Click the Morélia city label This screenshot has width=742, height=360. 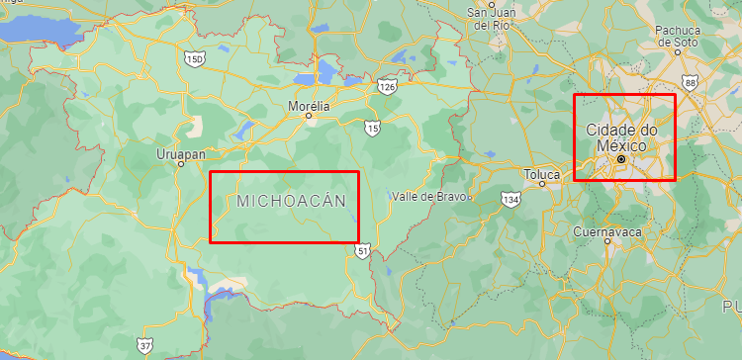pos(308,104)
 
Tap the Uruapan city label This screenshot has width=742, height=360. pos(181,153)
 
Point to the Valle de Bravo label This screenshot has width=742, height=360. pos(427,196)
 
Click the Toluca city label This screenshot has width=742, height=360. pos(542,175)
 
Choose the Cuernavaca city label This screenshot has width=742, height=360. pos(607,231)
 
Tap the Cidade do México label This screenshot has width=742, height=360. pos(621,137)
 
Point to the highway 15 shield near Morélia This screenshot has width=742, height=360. pos(372,128)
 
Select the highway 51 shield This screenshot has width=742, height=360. pos(363,251)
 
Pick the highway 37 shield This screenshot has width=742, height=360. pos(145,346)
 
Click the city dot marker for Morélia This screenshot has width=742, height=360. pos(308,116)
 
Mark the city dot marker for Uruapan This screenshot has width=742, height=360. pos(181,164)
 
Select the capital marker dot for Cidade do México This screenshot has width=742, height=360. pos(621,159)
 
